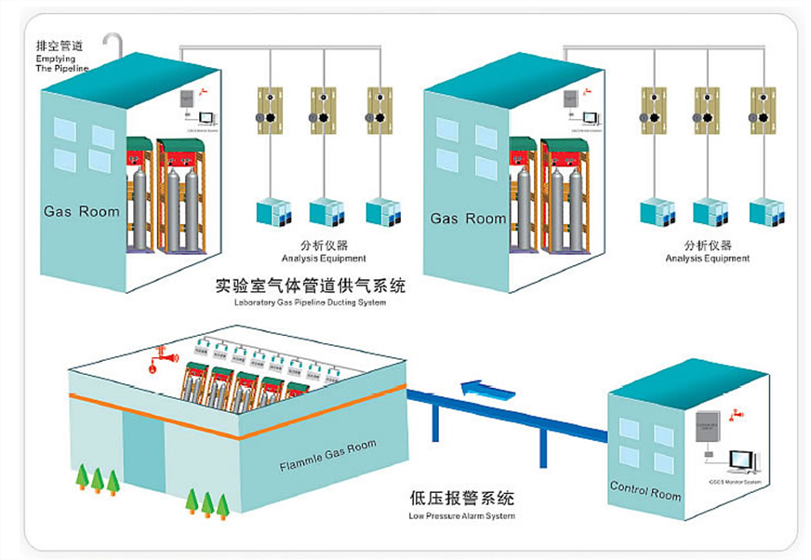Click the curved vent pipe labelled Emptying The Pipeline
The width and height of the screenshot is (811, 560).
tap(113, 44)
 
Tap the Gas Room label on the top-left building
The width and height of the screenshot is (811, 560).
tap(82, 211)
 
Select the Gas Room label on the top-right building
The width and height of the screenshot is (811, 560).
tap(468, 219)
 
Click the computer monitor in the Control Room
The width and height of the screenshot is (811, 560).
tap(741, 459)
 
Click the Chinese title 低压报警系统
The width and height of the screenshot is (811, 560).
tap(461, 497)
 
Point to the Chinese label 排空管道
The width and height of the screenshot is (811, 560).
tap(57, 45)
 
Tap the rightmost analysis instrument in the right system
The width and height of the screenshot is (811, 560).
tap(765, 212)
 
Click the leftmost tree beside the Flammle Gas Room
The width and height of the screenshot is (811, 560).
tap(82, 477)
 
